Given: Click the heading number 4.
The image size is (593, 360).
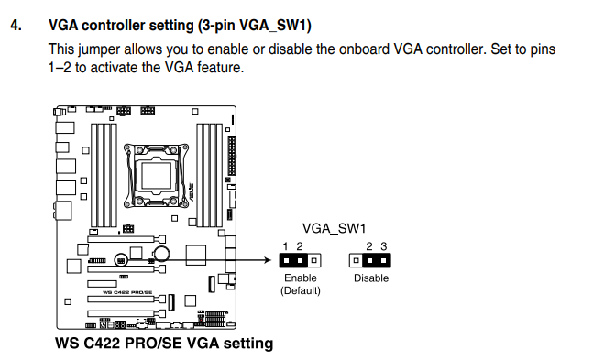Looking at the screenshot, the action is (16, 26).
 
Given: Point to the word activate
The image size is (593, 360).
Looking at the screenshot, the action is (115, 68).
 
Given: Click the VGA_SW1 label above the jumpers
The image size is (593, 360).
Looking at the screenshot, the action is (334, 228).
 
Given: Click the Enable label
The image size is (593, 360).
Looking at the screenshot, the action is (301, 278).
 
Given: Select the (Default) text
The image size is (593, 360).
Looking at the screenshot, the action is (301, 290).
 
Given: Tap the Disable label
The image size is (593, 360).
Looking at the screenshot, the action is (371, 278).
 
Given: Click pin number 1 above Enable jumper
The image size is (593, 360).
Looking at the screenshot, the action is (286, 246).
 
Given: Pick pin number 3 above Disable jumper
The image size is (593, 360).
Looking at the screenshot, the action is (383, 246).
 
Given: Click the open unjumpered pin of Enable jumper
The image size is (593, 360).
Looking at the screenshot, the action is (313, 260).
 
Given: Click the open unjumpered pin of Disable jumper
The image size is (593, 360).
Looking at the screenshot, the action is (356, 260).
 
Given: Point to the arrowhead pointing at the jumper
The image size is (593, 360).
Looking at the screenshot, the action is (269, 260).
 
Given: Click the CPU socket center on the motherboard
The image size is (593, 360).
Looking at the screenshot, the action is (156, 175).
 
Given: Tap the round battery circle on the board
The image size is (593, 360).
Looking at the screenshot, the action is (161, 254).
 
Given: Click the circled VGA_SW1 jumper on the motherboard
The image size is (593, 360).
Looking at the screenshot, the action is (121, 260).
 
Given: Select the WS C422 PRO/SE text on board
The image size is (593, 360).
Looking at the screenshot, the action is (127, 292).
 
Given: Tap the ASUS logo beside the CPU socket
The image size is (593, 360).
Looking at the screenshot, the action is (192, 192).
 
